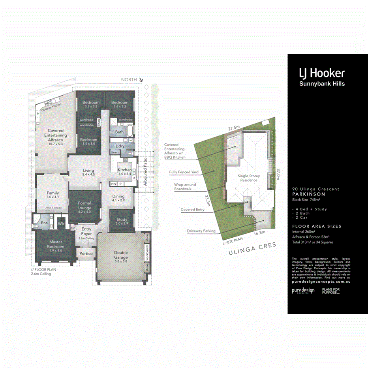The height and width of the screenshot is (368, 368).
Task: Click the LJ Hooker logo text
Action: (x=322, y=73)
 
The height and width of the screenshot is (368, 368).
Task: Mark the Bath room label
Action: (x=119, y=132)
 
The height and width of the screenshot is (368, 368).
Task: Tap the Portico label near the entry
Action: (x=86, y=253)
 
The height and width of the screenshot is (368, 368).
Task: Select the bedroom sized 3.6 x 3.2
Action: (x=120, y=104)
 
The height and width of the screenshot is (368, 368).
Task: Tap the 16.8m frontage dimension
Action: (x=259, y=233)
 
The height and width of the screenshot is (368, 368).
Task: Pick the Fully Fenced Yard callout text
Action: (x=184, y=172)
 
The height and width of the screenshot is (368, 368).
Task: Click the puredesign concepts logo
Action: (x=303, y=291)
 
